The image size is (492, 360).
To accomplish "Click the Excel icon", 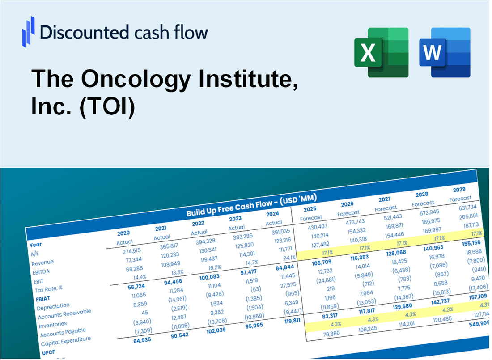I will pos(381,52).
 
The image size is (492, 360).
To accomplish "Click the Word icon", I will pos(445,52).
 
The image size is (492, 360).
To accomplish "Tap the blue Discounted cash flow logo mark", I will pos(28,31).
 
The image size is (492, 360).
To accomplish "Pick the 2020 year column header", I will pos(123,233).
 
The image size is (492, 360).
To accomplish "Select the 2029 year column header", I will pos(459,189).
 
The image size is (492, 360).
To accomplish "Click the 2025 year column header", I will pos(310,209).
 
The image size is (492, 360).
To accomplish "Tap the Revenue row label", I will pos(42,263).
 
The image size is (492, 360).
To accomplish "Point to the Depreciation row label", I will pos(53,307).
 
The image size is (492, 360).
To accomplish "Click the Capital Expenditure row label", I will pos(66,342).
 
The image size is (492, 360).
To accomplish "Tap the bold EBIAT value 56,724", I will pos(126,286).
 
